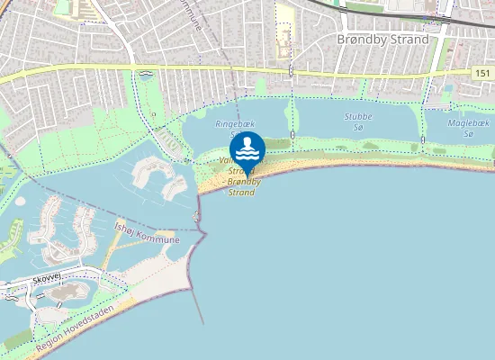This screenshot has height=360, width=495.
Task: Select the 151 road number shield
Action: coord(481,71)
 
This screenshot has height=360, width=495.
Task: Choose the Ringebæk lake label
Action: coord(232,126)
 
